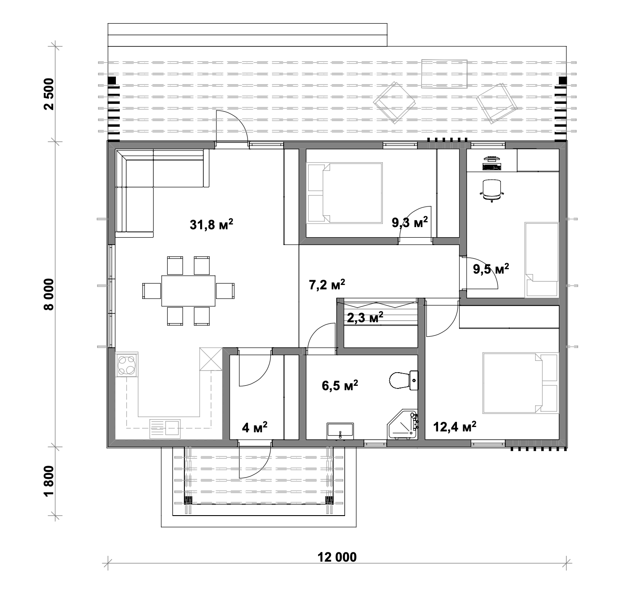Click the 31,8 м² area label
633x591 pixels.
click(211, 225)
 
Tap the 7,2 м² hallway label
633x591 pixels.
click(327, 285)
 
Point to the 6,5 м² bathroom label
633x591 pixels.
click(340, 386)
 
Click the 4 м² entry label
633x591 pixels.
click(255, 427)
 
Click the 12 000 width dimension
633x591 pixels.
click(337, 557)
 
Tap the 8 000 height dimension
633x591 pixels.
click(49, 294)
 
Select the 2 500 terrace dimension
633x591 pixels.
click(49, 94)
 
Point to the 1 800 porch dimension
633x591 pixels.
click(49, 481)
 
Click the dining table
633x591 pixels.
click(188, 291)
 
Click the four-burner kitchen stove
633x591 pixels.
click(127, 365)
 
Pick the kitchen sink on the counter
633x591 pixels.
click(165, 428)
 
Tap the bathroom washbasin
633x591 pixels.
click(340, 430)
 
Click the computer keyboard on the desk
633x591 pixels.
click(492, 167)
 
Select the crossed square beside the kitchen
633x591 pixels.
click(212, 359)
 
